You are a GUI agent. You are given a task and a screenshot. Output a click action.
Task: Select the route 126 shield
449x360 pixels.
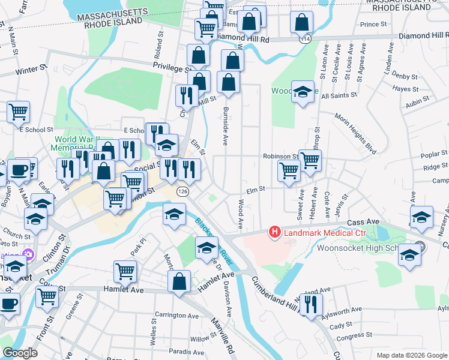point(182,191)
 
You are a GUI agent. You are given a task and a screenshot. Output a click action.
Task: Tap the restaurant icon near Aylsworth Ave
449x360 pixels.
point(310,304)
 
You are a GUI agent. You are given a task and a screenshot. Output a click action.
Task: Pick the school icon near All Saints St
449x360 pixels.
point(303,92)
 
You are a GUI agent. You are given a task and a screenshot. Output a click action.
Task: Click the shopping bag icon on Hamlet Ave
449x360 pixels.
point(179,281)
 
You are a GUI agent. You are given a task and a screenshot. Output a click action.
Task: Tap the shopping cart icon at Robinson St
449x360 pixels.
point(310,160)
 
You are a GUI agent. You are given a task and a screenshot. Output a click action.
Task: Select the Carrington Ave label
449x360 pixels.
point(176,316)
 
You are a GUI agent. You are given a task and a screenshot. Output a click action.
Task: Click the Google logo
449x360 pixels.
point(20,353)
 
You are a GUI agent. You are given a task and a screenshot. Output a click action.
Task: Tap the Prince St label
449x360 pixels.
point(373,25)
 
